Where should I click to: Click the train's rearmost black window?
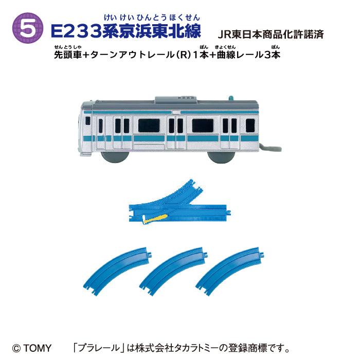[250, 125]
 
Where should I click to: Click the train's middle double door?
[176, 131]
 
